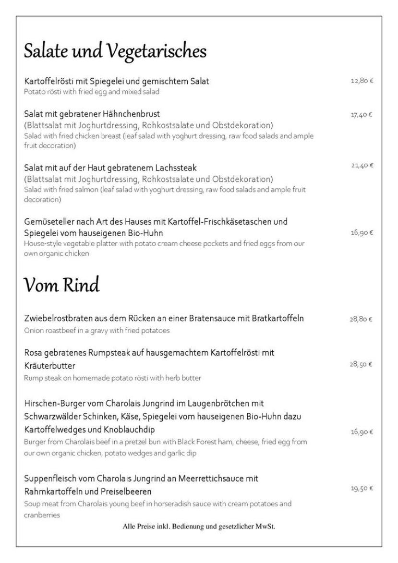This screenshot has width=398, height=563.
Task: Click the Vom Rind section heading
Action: (x=62, y=286)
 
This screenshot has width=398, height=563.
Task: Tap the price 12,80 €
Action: (x=362, y=81)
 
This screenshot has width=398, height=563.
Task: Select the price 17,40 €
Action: (x=362, y=114)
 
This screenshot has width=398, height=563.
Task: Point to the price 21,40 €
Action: (x=362, y=166)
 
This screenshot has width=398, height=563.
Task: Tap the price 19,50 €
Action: (x=362, y=489)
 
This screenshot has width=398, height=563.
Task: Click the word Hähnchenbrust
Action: (x=133, y=114)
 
